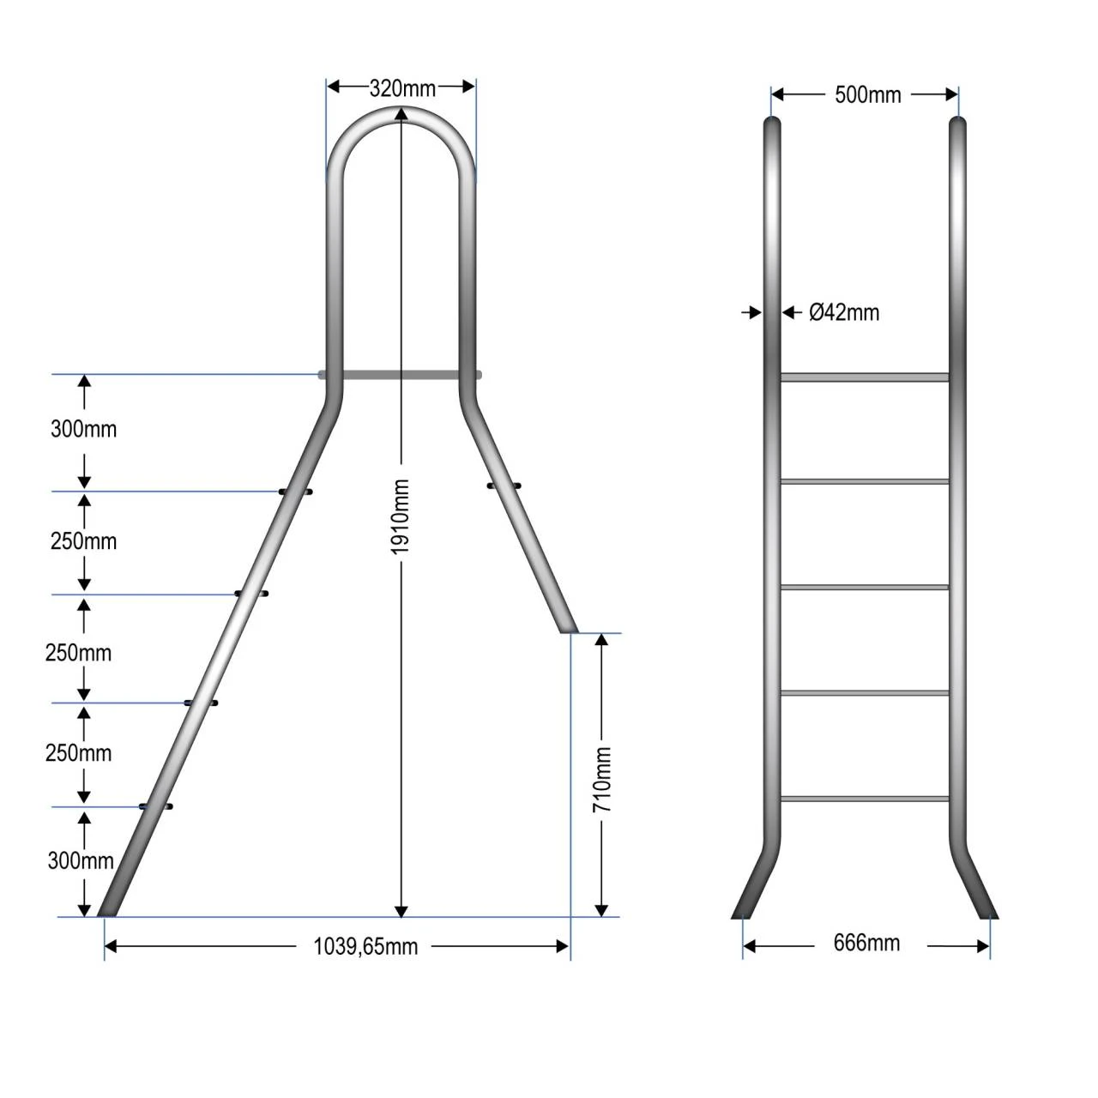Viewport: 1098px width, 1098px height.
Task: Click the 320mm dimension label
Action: tap(401, 88)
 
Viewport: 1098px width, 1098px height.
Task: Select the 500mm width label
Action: tap(867, 95)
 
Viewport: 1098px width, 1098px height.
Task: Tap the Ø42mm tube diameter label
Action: tap(844, 313)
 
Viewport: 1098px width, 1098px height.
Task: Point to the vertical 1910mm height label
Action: tap(401, 516)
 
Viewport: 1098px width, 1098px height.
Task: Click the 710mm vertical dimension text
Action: tap(602, 780)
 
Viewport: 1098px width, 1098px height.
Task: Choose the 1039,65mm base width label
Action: tap(365, 946)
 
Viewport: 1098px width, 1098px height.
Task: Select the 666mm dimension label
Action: tap(866, 944)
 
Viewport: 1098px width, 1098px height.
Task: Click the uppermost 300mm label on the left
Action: tap(83, 429)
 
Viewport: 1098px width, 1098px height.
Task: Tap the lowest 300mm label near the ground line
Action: tap(81, 860)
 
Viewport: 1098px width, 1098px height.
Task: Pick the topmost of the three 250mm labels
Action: tap(83, 541)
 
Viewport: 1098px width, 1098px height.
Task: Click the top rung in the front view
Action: tap(865, 377)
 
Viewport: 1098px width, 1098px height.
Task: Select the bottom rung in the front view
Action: tap(865, 799)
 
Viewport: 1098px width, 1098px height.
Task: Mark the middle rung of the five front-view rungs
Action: tap(865, 588)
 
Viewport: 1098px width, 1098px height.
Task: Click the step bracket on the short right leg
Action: tap(504, 486)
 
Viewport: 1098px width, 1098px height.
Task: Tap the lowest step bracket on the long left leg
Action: tap(156, 806)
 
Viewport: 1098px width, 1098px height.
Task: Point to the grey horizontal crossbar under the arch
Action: tap(400, 375)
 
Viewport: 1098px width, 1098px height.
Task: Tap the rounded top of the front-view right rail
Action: tap(958, 124)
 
